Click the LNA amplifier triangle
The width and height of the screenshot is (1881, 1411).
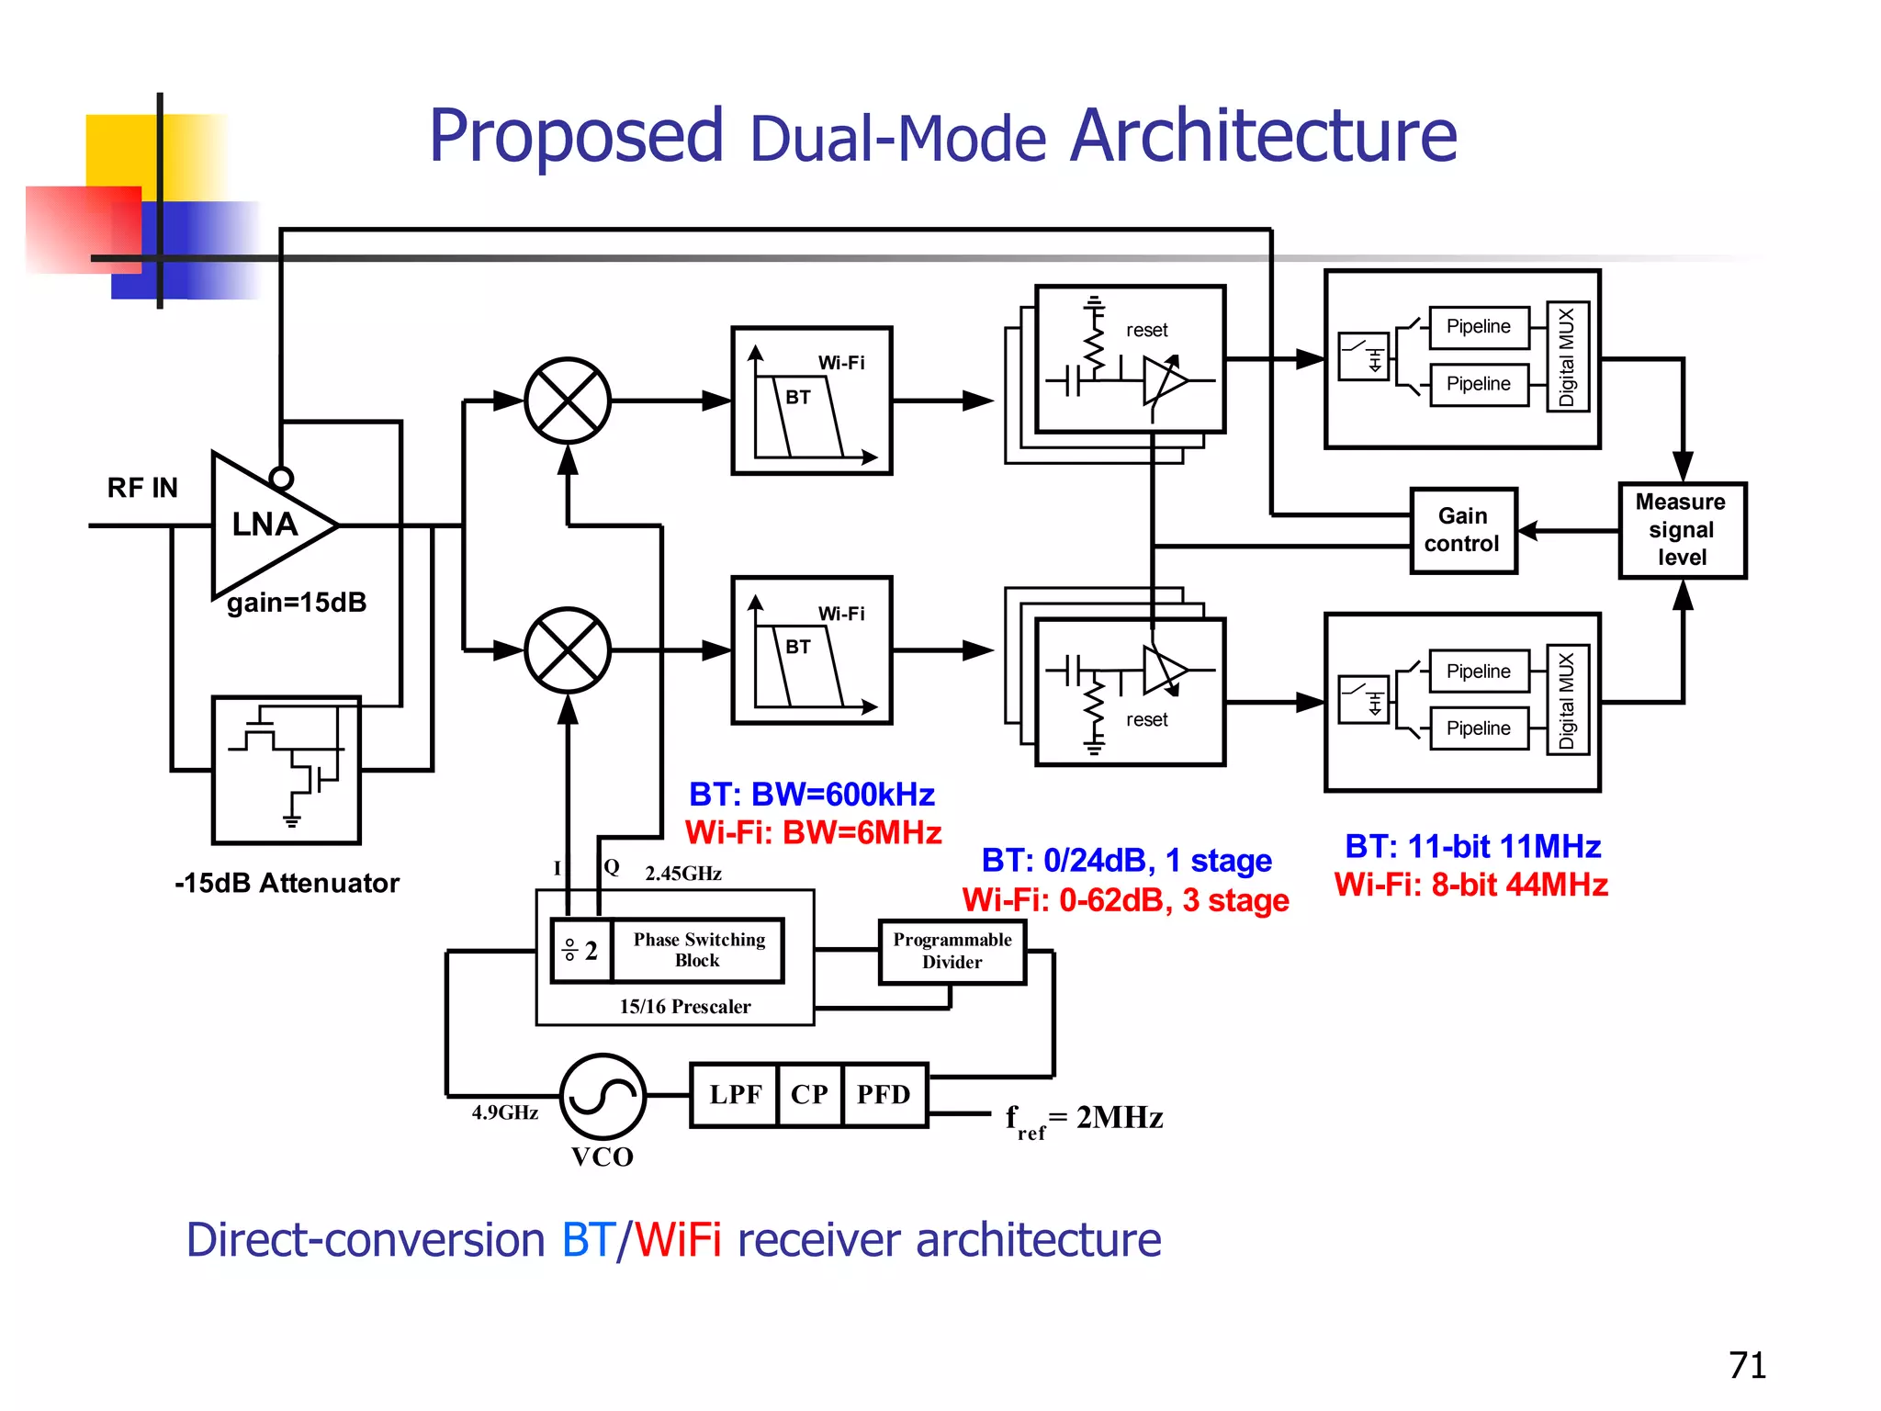click(x=266, y=525)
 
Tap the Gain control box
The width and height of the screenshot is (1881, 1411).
click(x=1462, y=530)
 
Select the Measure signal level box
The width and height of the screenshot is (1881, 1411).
click(x=1681, y=530)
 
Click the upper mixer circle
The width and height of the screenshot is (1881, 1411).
click(x=568, y=401)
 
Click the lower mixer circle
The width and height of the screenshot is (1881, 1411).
click(x=568, y=650)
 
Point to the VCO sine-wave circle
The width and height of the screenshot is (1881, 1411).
click(x=603, y=1096)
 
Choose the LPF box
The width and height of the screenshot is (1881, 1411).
click(x=735, y=1094)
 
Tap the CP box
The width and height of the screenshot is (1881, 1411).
click(x=809, y=1094)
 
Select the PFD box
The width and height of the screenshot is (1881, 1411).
click(x=884, y=1094)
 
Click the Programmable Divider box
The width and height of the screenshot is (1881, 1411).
click(x=952, y=951)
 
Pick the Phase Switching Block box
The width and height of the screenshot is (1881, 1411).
click(x=698, y=950)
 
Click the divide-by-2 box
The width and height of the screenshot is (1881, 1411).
click(x=580, y=950)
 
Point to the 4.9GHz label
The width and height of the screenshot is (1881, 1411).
click(x=504, y=1112)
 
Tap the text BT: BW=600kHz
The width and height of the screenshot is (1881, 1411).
click(x=811, y=794)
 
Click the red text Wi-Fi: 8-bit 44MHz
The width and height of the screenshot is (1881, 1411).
click(x=1470, y=885)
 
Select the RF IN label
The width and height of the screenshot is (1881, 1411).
click(x=142, y=488)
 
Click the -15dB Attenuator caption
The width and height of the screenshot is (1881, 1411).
click(x=287, y=883)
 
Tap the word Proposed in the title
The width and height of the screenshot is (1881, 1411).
click(x=576, y=136)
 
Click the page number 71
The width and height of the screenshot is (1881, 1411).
click(x=1746, y=1366)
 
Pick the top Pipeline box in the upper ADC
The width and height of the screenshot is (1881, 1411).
click(x=1478, y=327)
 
